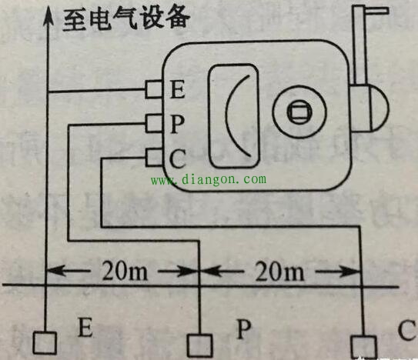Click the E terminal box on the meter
tap(154, 89)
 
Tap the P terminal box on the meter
tap(154, 123)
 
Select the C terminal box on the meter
tap(154, 158)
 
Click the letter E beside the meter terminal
tap(177, 89)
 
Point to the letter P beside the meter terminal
tap(177, 123)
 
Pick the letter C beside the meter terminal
tap(178, 158)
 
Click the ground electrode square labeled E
tap(45, 343)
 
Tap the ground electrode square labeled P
tap(199, 345)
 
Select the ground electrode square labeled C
tap(363, 347)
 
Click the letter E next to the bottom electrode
tap(85, 327)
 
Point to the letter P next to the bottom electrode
tap(244, 329)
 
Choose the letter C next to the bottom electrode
tap(407, 330)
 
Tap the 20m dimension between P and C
tap(280, 272)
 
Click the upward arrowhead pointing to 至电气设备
tap(48, 16)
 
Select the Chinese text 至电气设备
tap(125, 19)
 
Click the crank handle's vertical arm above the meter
tap(359, 44)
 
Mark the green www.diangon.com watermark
tap(209, 180)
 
